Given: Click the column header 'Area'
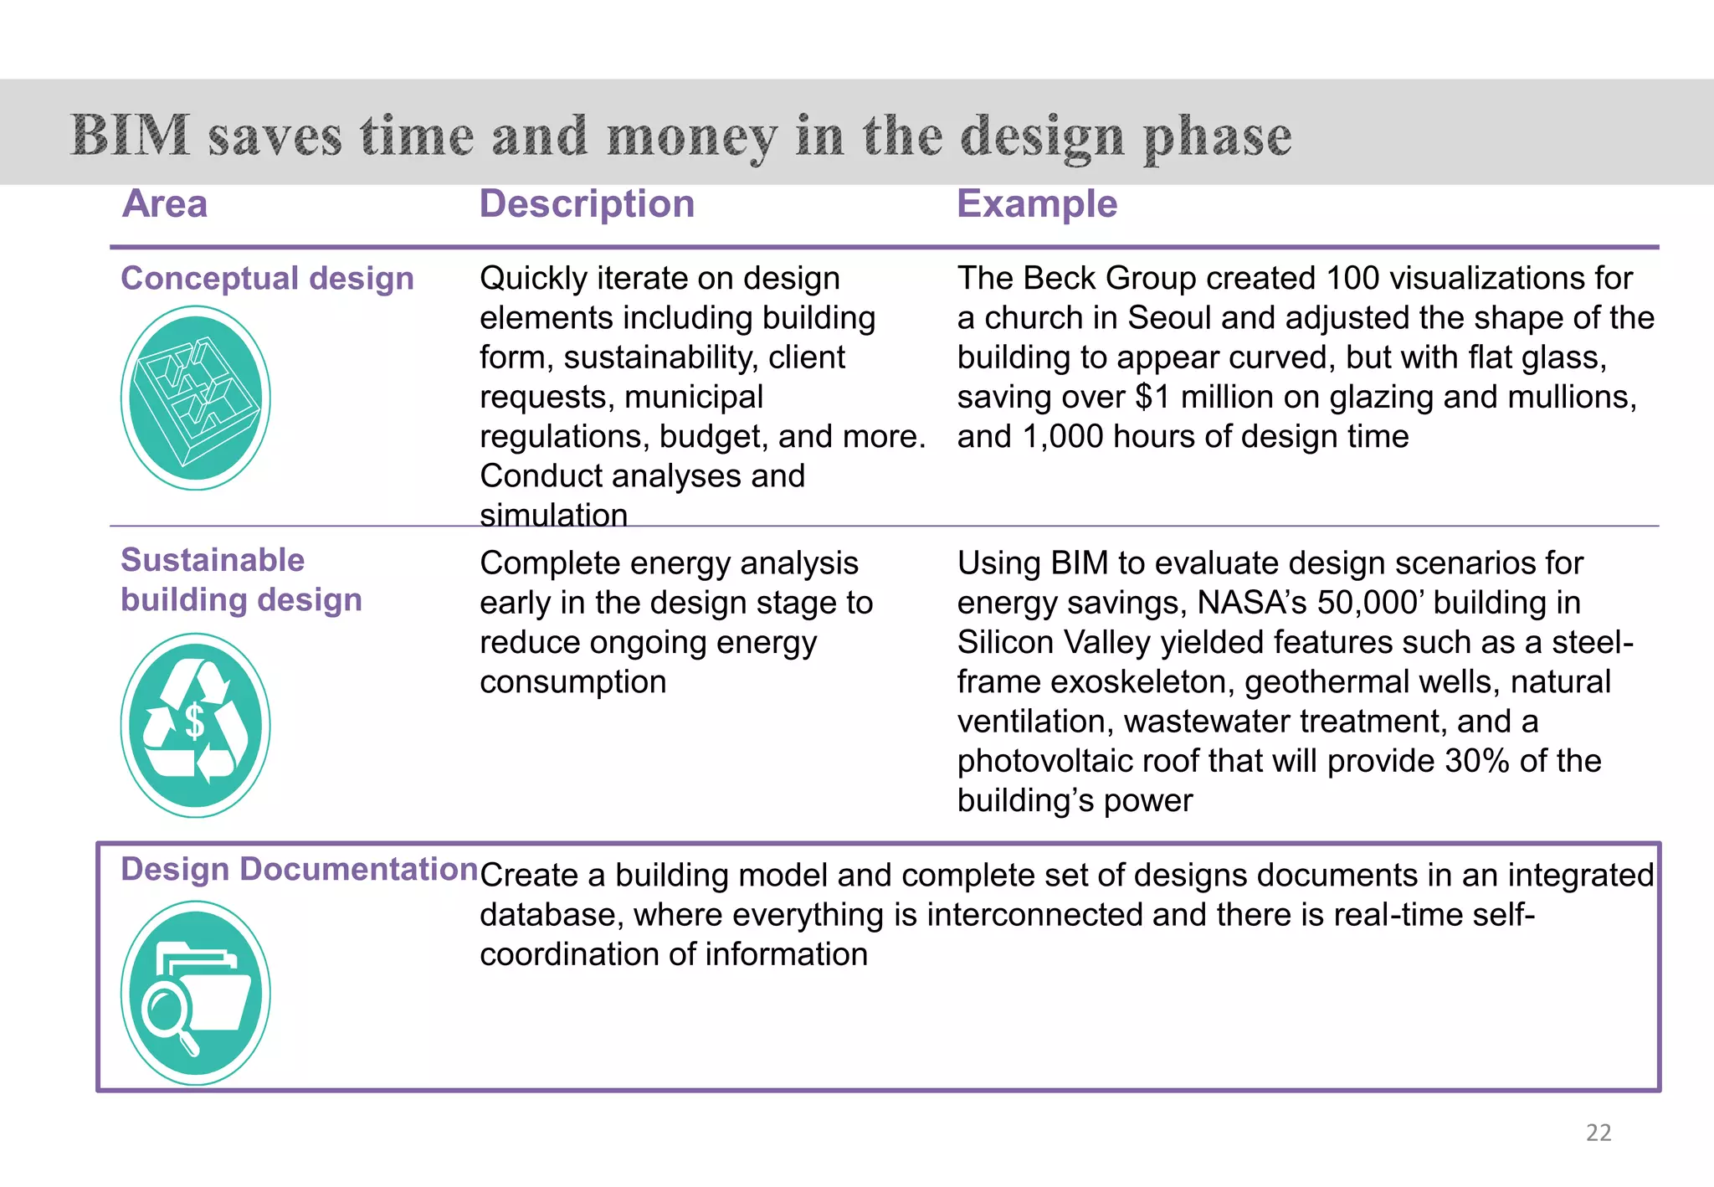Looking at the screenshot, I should tap(165, 204).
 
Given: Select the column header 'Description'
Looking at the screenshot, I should tap(587, 204).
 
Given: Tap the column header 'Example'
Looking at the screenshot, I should tap(1036, 204).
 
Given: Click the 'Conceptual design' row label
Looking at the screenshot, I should tap(267, 279).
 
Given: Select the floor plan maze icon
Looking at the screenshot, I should tap(196, 398).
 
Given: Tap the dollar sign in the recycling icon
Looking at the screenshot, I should tap(194, 722).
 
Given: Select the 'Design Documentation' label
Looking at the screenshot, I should tap(299, 870).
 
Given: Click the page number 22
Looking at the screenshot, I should tap(1598, 1133).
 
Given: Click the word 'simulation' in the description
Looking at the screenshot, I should tap(553, 515).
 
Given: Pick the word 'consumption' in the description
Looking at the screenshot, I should tap(572, 682).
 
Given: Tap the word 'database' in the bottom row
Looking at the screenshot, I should tap(552, 915).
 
